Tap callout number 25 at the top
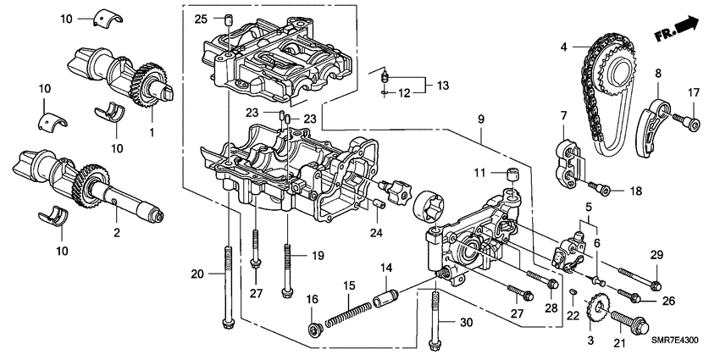pyautogui.click(x=200, y=19)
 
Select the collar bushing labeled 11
pyautogui.click(x=512, y=175)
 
